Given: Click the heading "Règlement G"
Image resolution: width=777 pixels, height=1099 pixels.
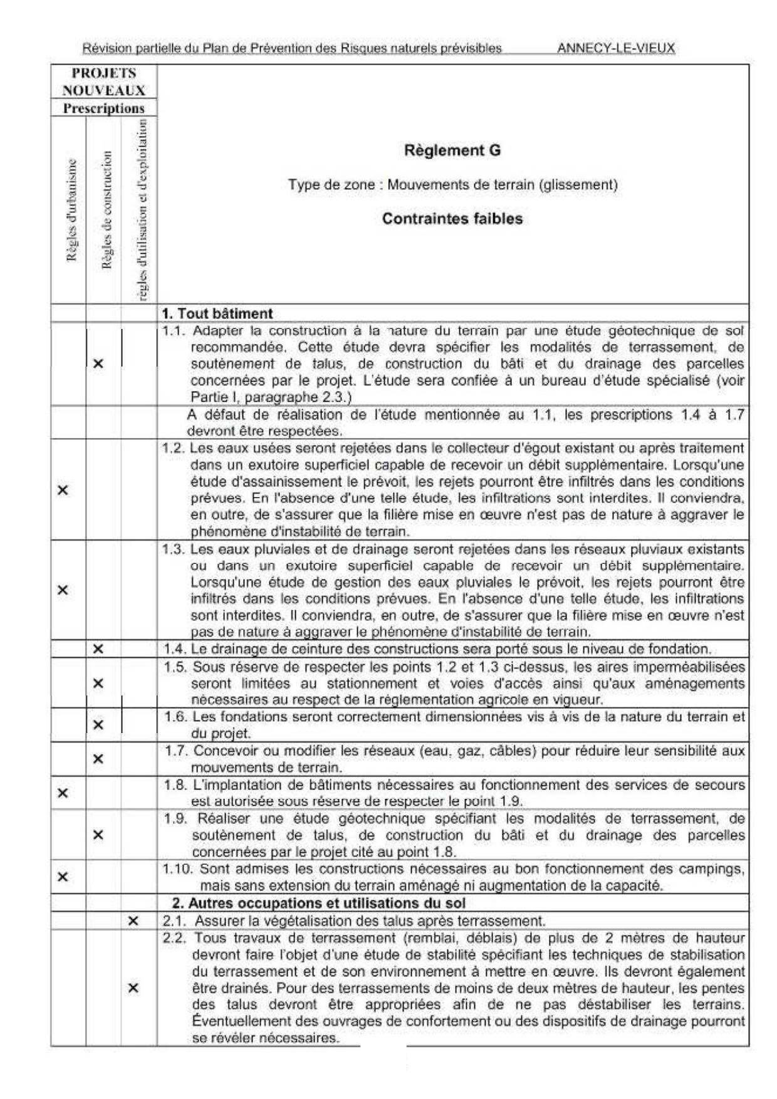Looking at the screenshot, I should [x=452, y=150].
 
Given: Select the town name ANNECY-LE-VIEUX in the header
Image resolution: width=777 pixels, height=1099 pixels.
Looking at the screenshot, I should [x=615, y=48].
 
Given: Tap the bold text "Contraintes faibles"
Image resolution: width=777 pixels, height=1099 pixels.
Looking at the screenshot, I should [x=452, y=219].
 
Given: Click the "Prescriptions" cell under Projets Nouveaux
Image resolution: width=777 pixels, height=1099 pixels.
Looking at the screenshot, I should [x=104, y=108].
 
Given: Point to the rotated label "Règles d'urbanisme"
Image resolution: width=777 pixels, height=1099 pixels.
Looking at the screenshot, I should [x=71, y=211].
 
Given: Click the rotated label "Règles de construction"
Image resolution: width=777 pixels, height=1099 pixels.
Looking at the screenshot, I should [x=107, y=211].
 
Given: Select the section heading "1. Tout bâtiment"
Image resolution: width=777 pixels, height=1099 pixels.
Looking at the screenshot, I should [x=217, y=313].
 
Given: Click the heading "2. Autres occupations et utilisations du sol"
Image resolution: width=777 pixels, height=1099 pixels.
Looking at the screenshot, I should [x=319, y=903].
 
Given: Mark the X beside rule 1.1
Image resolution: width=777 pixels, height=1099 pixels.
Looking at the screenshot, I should [x=98, y=363].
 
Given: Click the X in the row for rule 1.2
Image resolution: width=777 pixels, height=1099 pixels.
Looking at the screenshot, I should [x=63, y=490].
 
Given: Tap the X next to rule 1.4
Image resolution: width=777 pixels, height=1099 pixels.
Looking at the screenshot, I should [x=98, y=649].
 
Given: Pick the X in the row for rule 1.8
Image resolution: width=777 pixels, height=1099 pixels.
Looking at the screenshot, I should [x=63, y=793].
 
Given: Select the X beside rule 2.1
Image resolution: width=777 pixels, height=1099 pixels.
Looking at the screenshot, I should [x=133, y=921].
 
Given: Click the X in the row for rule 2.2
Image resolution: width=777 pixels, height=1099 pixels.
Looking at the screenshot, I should [x=133, y=988].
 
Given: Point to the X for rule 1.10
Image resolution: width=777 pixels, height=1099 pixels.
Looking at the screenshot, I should [x=63, y=877].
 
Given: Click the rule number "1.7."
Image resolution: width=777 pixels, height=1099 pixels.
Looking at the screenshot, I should [x=176, y=751].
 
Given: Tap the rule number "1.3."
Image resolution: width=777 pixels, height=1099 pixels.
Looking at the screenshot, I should [x=174, y=549].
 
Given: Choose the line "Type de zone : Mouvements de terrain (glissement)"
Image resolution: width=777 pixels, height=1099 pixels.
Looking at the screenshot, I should [x=452, y=185].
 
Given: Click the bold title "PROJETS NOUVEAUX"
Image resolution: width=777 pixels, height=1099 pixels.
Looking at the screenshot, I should [x=104, y=81].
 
